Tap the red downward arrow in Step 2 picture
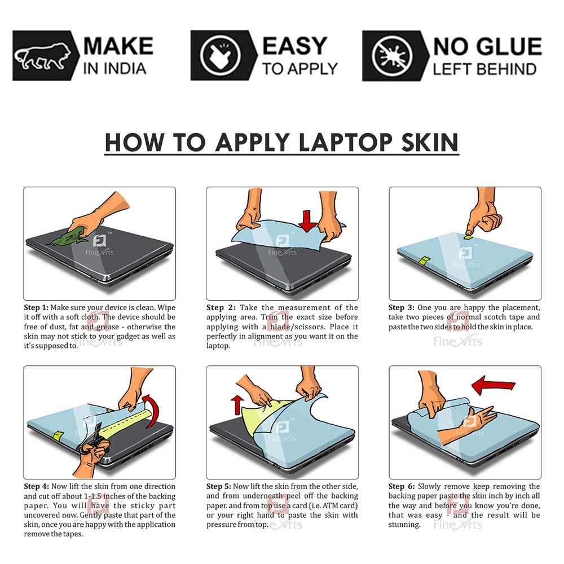coord(307,221)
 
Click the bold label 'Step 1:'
coord(36,308)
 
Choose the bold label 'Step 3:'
coord(401,308)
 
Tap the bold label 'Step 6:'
coord(401,486)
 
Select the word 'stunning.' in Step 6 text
coord(404,525)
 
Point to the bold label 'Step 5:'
coord(219,486)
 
